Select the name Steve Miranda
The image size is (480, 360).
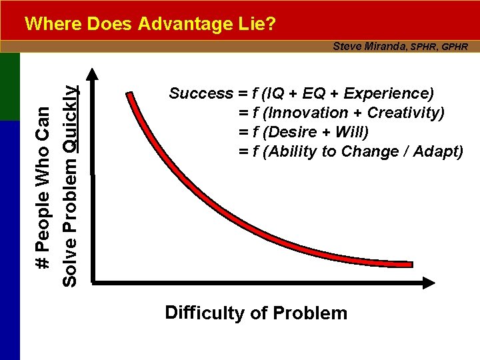coord(370,46)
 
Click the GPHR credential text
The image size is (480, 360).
coord(455,47)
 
